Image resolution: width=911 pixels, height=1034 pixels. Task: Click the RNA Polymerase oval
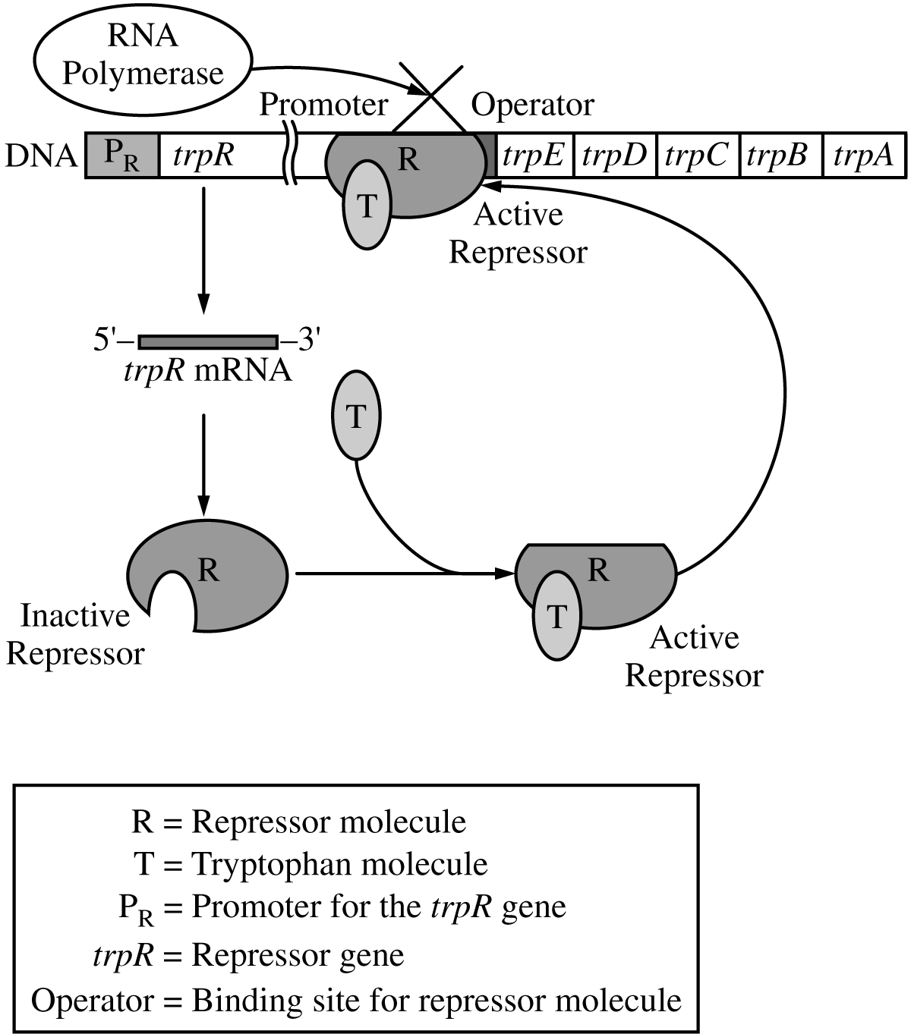(x=143, y=58)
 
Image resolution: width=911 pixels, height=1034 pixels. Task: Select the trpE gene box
(x=534, y=156)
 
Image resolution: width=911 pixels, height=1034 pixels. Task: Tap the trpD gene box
(x=614, y=156)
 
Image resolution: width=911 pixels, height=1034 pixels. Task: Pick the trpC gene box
(x=697, y=156)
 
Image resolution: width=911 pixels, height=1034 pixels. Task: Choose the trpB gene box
(x=780, y=156)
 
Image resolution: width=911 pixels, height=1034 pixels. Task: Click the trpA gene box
(x=863, y=156)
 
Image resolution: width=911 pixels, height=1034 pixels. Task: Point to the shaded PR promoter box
(x=122, y=156)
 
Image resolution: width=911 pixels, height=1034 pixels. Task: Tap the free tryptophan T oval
(x=356, y=416)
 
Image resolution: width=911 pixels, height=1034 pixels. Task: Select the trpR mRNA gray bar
(x=208, y=342)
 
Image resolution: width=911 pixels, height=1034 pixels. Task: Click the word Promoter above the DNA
(x=324, y=105)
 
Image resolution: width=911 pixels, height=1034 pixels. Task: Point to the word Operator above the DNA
(x=532, y=105)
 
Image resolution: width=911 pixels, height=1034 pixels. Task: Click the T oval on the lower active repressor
(x=557, y=616)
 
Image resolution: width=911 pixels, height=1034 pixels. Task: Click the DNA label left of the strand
(x=41, y=156)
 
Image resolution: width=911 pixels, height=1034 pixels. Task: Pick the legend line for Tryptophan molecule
(x=310, y=863)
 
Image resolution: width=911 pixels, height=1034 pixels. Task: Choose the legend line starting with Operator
(x=356, y=1000)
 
